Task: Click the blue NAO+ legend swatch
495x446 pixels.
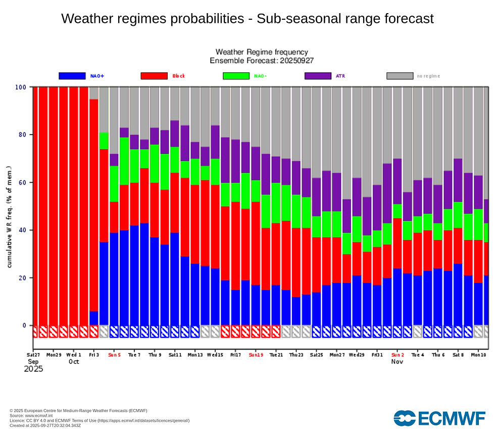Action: click(x=72, y=76)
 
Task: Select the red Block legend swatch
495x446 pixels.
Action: click(x=154, y=76)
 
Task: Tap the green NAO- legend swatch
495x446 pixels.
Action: click(x=236, y=76)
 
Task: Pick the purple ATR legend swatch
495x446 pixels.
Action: click(x=318, y=76)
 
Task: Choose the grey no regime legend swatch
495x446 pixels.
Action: click(x=400, y=76)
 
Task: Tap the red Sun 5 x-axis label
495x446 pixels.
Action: click(x=114, y=355)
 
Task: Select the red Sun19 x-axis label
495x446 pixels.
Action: click(x=256, y=355)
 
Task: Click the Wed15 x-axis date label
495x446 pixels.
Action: click(x=215, y=355)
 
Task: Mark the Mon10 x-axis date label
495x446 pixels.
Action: click(x=478, y=355)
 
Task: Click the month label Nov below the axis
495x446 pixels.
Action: click(x=398, y=362)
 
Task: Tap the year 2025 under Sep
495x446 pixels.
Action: click(x=33, y=369)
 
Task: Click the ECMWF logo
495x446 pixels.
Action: click(x=439, y=418)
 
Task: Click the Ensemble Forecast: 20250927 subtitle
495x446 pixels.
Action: click(x=262, y=60)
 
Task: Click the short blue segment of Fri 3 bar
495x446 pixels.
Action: click(x=94, y=318)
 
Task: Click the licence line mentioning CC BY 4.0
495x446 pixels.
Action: click(x=100, y=421)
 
